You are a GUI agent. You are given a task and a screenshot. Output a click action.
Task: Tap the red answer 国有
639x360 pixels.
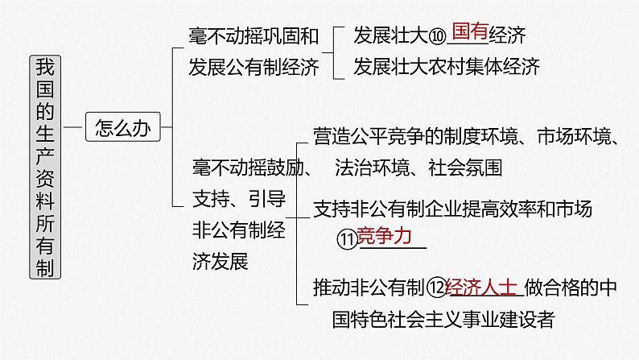471,33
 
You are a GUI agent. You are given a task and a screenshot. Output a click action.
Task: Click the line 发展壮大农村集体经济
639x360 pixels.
447,65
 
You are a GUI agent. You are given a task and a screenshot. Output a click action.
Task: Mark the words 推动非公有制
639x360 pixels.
367,287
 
